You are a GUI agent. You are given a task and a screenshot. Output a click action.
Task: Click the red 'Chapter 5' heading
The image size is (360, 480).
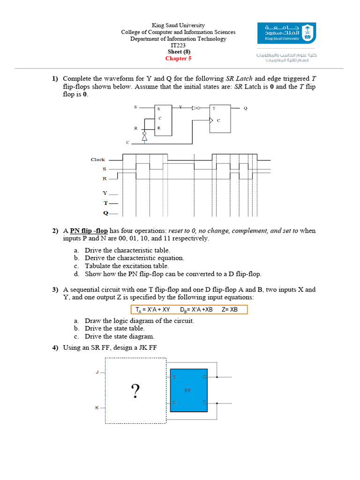tap(178, 59)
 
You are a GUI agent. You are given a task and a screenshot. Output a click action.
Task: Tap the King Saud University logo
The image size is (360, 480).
tap(286, 33)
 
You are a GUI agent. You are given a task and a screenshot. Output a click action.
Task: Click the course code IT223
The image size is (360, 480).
tap(178, 45)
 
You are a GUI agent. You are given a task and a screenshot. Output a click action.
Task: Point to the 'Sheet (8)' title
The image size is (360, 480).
tap(178, 52)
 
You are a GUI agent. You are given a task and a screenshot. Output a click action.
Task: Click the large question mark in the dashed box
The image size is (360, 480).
tap(135, 391)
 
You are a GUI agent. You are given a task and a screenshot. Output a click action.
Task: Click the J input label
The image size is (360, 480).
tap(97, 373)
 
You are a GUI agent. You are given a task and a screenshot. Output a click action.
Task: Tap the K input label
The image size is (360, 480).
tap(97, 408)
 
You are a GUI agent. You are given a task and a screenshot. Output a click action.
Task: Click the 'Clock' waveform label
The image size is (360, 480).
tap(98, 160)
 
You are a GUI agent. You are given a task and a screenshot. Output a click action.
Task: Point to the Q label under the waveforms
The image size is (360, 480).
tap(105, 213)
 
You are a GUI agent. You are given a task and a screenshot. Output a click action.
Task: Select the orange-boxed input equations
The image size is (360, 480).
tap(188, 310)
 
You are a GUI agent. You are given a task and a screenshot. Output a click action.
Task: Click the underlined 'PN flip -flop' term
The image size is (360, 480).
tap(89, 231)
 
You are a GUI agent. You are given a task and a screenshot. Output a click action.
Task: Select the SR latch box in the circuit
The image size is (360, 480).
tap(164, 120)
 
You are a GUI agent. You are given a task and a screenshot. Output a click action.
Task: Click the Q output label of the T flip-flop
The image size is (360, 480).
tap(245, 108)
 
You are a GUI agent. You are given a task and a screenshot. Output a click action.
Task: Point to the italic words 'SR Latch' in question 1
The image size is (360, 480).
tap(242, 79)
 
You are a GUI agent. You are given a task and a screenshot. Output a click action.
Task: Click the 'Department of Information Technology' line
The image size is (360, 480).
tap(178, 39)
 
